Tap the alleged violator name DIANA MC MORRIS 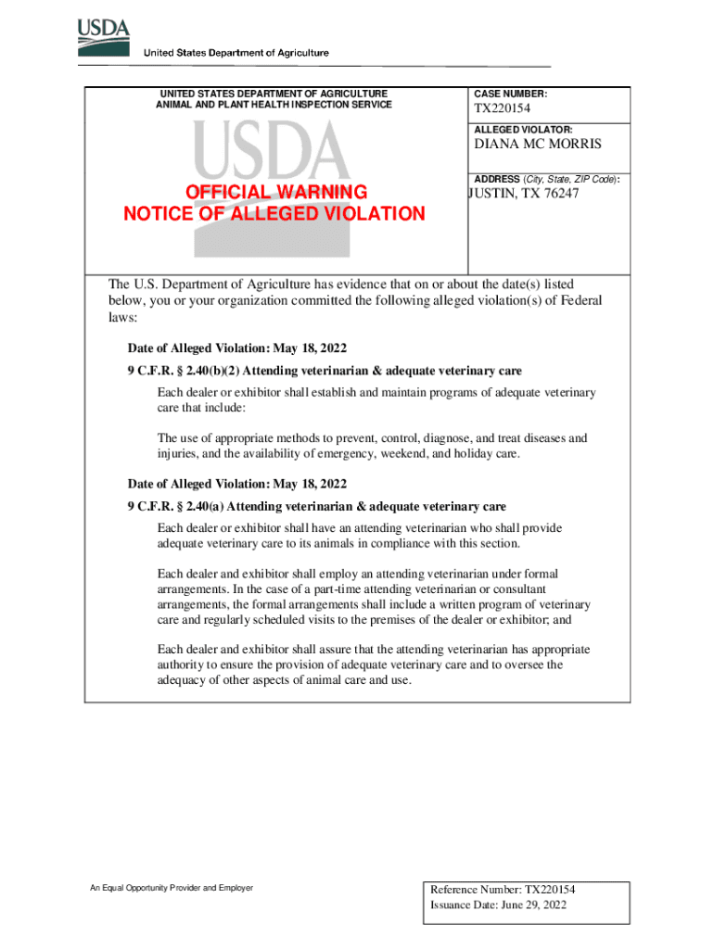[538, 145]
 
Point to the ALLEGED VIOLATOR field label [523, 130]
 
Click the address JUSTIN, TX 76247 [525, 194]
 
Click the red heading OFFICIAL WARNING [276, 193]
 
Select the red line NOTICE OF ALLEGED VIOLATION [274, 214]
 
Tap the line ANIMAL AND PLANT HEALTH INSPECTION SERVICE [274, 105]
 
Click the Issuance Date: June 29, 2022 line [498, 905]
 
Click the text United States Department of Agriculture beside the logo [236, 53]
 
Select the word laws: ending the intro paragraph [122, 317]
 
